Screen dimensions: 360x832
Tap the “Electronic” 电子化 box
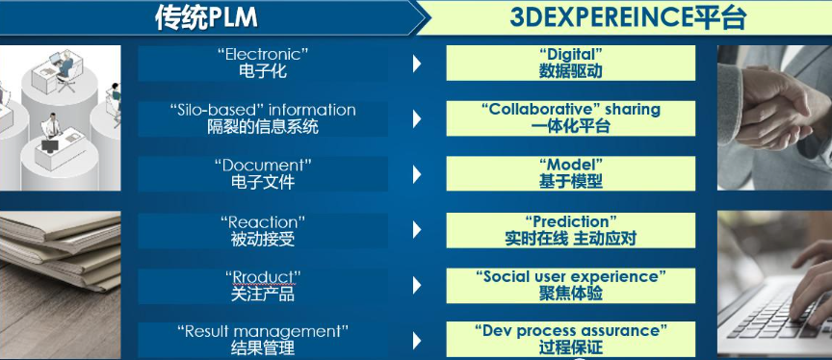[262, 63]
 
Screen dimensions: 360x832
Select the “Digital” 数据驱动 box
[570, 63]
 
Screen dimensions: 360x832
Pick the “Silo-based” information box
[262, 118]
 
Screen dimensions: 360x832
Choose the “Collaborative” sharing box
[570, 117]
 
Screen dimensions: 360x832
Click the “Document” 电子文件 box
[262, 173]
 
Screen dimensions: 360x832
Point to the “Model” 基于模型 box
[570, 173]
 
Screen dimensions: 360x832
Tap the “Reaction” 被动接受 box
[262, 230]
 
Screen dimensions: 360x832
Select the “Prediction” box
[570, 230]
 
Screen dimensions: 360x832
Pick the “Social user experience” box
[570, 285]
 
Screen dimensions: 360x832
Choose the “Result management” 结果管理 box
[262, 340]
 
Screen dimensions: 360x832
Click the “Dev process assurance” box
[570, 339]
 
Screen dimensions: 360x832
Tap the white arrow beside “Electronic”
[417, 64]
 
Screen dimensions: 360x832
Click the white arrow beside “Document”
[417, 174]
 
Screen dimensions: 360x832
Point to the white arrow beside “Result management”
[417, 340]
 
